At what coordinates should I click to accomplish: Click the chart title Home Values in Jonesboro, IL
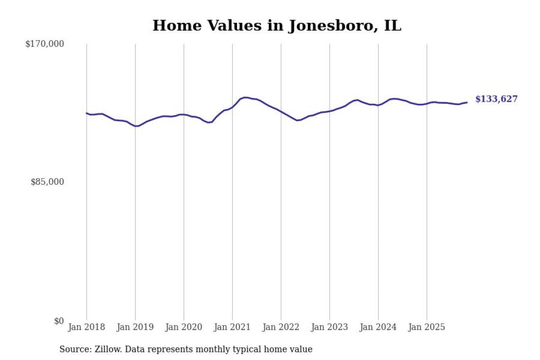click(277, 26)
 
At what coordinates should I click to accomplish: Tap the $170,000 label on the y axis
click(44, 44)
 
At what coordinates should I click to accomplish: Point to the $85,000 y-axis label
click(47, 182)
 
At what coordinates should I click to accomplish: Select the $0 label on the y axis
click(59, 321)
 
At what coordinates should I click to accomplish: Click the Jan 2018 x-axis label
click(86, 328)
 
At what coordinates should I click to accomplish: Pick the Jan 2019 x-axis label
click(135, 328)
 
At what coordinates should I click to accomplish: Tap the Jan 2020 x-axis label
click(184, 328)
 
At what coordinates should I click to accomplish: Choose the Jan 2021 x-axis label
click(232, 328)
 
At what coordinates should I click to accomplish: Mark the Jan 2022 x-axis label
click(281, 328)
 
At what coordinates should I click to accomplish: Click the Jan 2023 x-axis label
click(329, 328)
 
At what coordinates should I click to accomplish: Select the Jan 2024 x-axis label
click(378, 328)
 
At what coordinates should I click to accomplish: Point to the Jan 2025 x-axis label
click(427, 328)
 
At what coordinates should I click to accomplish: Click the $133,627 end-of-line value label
click(496, 99)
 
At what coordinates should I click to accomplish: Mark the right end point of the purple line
click(467, 102)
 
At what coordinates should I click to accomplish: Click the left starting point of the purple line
click(86, 113)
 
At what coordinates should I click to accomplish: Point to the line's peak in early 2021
click(245, 97)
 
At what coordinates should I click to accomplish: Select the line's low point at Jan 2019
click(136, 126)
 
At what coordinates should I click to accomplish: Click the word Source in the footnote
click(74, 349)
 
